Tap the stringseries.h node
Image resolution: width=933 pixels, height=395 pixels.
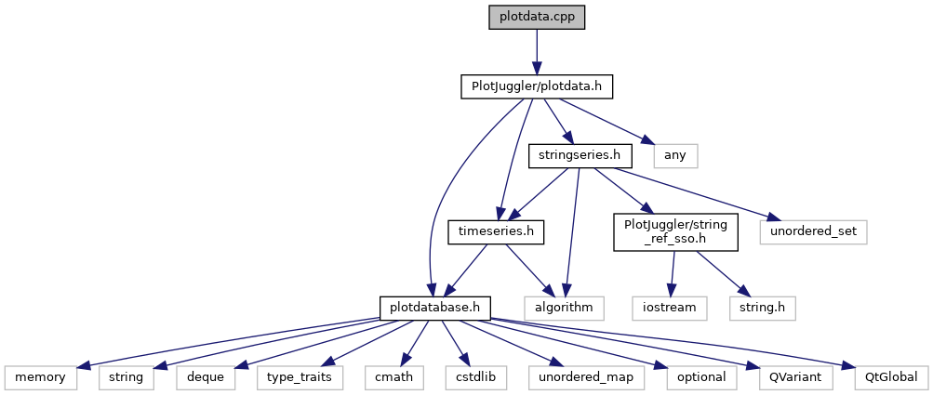coord(574,155)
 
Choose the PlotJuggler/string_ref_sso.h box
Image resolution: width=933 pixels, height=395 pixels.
coord(675,231)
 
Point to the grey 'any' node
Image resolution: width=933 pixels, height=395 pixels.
coord(675,155)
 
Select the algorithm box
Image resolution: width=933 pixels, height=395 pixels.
coord(564,305)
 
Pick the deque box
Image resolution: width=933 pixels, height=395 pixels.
coord(203,377)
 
